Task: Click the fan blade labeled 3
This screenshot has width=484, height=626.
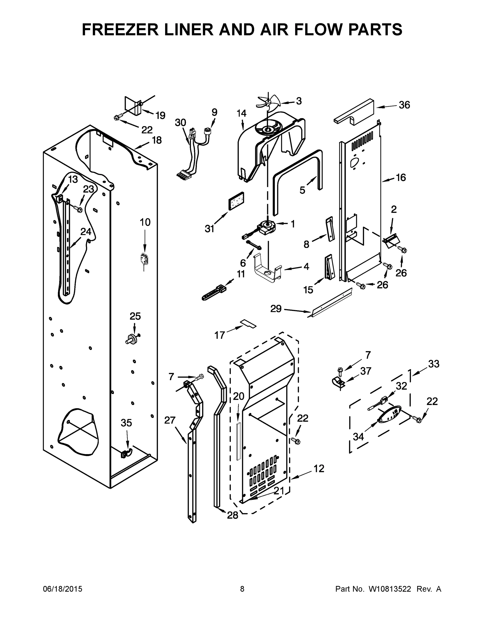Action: coord(267,101)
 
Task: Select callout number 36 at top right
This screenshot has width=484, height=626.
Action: coord(404,105)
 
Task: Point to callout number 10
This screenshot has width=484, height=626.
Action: coord(145,222)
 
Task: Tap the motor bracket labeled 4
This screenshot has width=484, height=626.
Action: coord(267,272)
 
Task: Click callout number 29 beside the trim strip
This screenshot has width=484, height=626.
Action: coord(276,309)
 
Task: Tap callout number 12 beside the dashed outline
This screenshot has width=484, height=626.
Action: coord(319,468)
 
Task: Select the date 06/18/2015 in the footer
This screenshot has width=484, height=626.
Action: coord(63,589)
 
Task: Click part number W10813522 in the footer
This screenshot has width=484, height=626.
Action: coord(389,589)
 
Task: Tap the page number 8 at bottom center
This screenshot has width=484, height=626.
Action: coord(242,589)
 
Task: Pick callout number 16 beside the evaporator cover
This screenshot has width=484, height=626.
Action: coord(401,177)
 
